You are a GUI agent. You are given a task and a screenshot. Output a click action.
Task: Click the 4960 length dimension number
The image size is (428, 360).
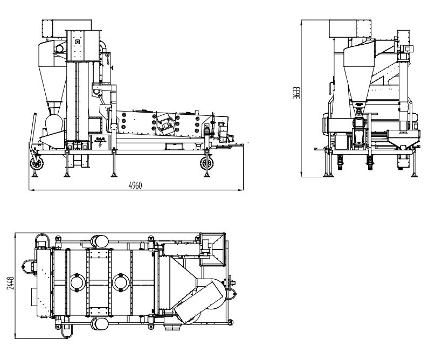click(x=135, y=185)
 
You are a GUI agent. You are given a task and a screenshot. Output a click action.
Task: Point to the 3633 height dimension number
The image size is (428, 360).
click(x=306, y=98)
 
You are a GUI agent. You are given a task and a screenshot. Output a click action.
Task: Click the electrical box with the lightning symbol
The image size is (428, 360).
click(x=102, y=142)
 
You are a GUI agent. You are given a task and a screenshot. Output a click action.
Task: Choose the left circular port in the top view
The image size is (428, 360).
click(x=77, y=282)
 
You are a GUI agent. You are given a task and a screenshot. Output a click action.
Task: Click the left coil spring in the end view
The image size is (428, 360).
click(x=340, y=162)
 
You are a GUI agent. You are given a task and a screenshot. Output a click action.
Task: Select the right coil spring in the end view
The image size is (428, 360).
click(x=370, y=162)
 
